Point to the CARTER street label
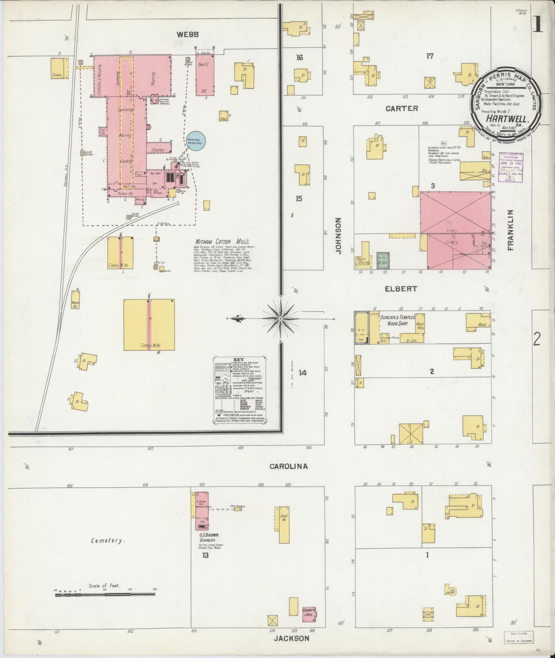click(402, 109)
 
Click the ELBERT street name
click(401, 289)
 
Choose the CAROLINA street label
click(288, 466)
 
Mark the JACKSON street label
click(291, 638)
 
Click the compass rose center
click(280, 319)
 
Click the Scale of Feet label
click(104, 585)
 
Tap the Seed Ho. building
click(284, 525)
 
